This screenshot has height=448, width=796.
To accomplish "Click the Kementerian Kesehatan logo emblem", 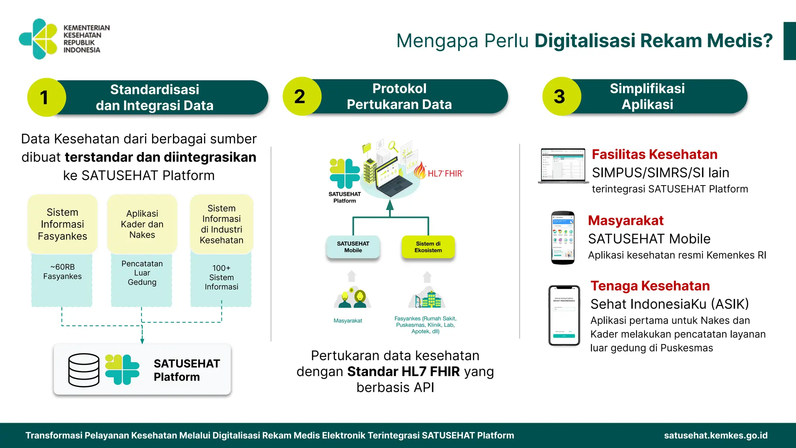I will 38,39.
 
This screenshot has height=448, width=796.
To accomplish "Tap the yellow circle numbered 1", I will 46,97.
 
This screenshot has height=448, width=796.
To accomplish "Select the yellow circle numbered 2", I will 301,96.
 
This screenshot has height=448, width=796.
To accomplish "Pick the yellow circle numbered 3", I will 560,96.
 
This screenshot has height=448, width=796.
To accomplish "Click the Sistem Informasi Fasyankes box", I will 62,224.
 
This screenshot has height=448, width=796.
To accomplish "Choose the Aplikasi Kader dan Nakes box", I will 142,224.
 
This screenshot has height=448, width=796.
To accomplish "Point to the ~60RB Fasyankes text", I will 62,271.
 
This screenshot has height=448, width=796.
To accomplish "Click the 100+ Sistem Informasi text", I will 221,277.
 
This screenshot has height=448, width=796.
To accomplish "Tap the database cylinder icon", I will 84,370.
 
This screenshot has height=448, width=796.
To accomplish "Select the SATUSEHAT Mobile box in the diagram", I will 353,247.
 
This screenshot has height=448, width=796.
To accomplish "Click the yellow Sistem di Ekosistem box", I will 428,247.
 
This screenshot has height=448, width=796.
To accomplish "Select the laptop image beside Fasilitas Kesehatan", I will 562,165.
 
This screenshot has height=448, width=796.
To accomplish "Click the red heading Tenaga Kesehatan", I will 650,286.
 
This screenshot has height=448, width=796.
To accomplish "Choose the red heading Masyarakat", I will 625,220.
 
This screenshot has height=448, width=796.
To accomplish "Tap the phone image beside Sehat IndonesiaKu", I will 564,315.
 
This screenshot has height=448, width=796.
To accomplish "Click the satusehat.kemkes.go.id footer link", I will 716,436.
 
